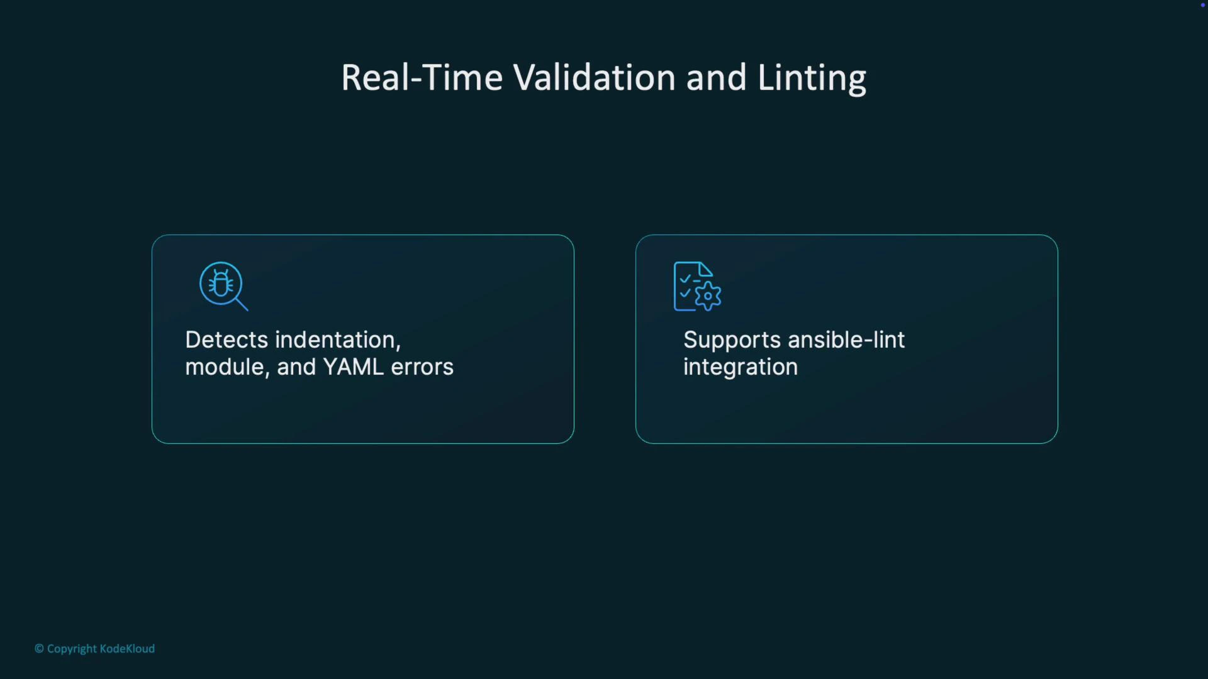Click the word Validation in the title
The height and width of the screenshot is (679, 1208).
594,78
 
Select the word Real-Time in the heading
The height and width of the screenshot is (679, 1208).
422,78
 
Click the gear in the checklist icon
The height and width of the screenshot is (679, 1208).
708,296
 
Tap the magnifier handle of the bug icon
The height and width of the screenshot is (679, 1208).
242,304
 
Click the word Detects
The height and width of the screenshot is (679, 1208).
226,340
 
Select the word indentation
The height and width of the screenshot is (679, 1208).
337,340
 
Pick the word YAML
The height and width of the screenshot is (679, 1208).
353,367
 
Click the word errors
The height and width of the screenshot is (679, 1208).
422,367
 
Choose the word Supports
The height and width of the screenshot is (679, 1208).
732,341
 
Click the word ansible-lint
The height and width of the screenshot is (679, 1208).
846,340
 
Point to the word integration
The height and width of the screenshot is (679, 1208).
741,368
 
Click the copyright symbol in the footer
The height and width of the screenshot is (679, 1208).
39,649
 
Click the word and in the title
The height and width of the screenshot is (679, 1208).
716,78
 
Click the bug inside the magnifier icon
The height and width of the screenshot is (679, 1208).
221,283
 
